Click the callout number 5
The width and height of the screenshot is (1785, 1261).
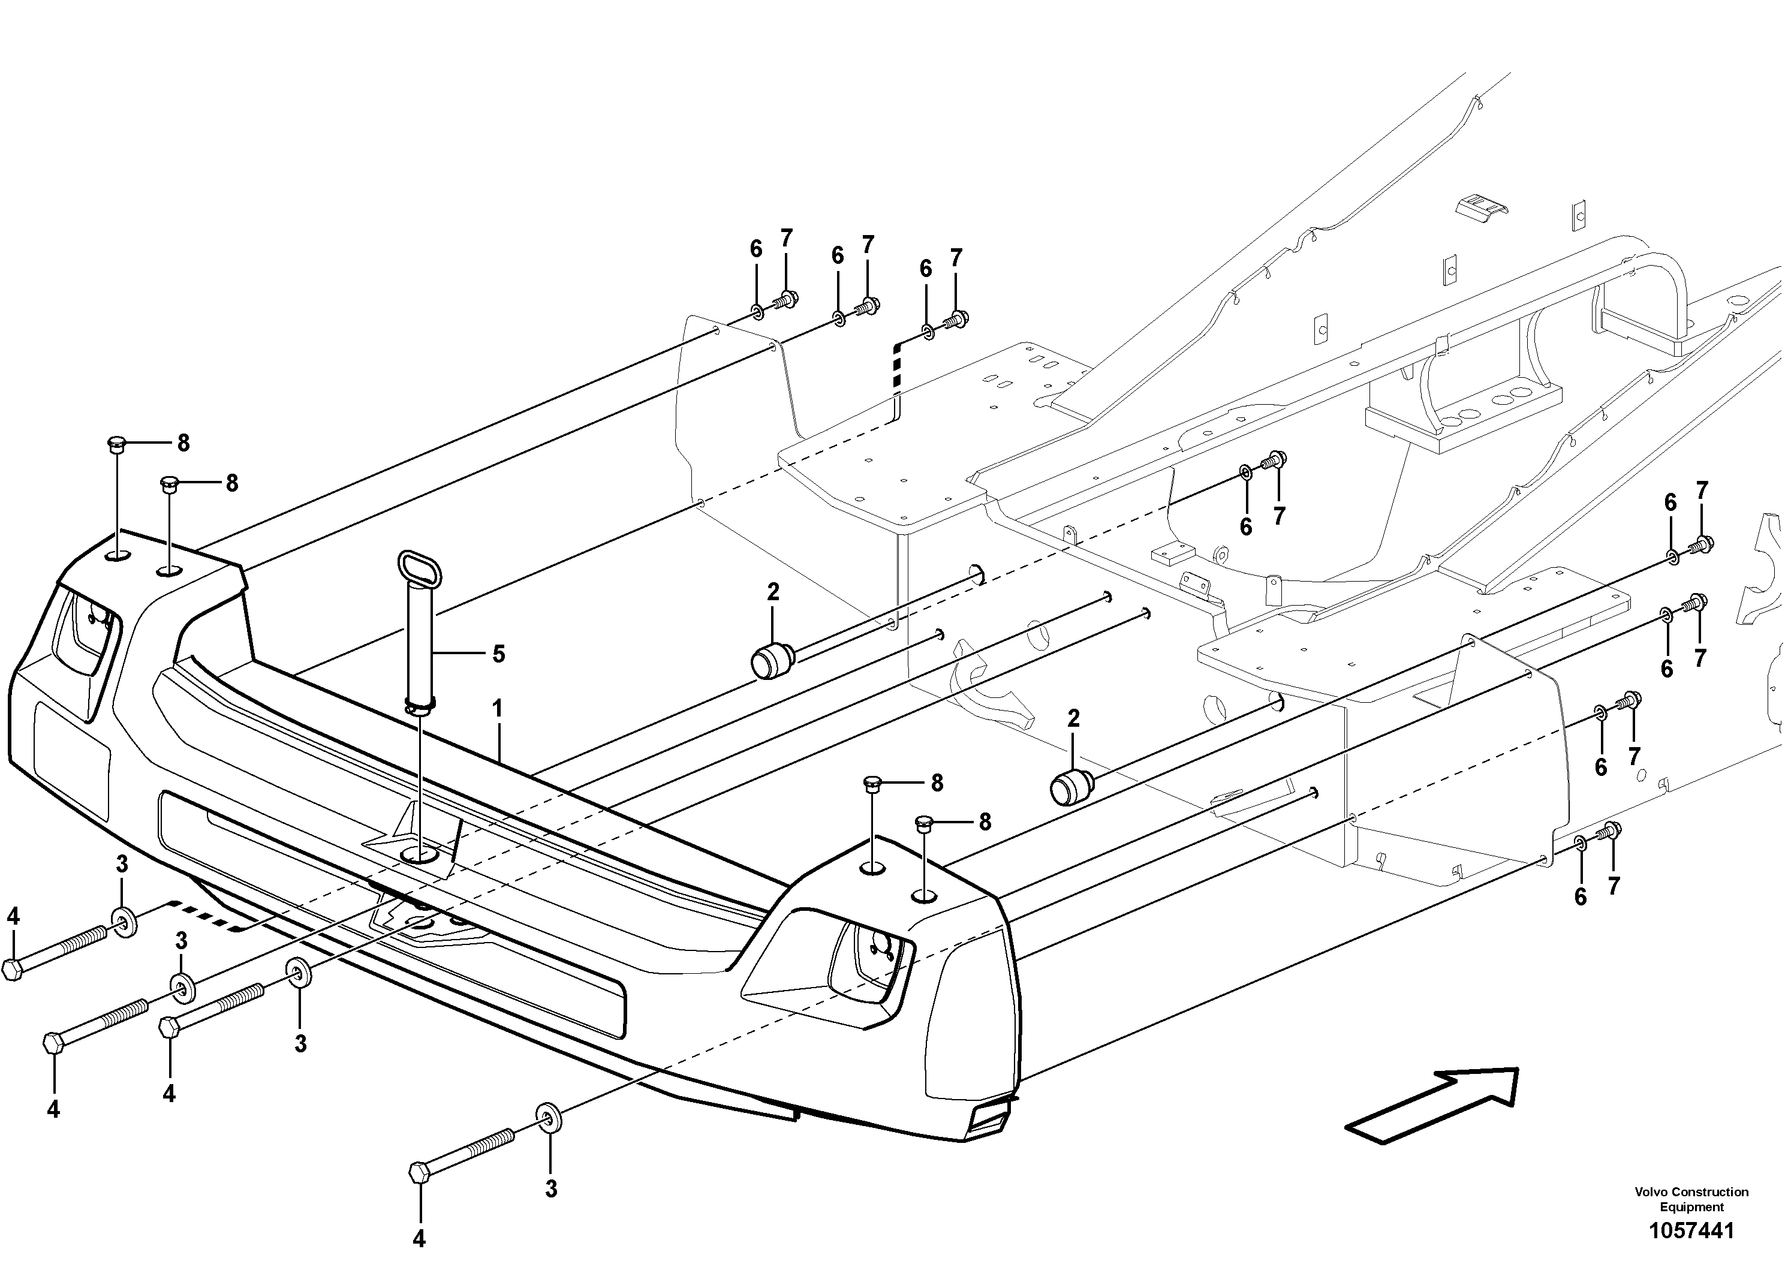point(498,654)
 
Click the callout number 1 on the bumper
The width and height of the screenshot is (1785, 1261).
point(497,709)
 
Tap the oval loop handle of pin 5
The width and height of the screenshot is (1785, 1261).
point(420,572)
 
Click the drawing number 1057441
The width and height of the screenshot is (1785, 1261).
point(1691,1230)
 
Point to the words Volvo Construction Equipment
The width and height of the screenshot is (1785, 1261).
point(1691,1199)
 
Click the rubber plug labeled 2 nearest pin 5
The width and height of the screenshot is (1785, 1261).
point(770,661)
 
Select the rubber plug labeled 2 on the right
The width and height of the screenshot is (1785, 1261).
point(1070,787)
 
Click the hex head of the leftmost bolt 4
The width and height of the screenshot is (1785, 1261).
point(13,970)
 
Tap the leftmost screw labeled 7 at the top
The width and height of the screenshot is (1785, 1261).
point(786,299)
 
